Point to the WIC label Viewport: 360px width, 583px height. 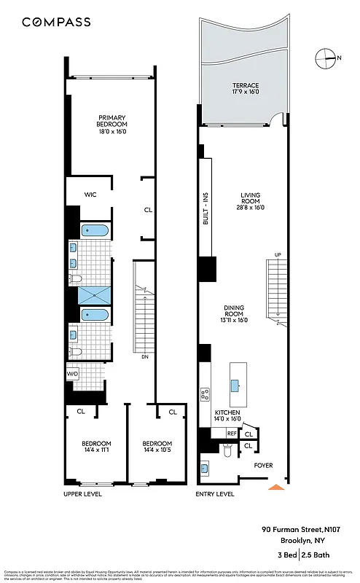click(x=90, y=195)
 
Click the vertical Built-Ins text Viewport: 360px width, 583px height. click(x=206, y=203)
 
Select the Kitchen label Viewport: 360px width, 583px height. click(x=228, y=416)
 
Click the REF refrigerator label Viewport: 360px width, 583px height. click(x=231, y=433)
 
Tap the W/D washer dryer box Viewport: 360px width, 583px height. click(x=72, y=374)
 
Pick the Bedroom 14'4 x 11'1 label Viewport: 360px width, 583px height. click(x=95, y=447)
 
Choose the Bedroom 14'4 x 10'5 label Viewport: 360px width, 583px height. click(x=157, y=447)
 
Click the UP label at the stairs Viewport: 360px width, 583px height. click(x=277, y=254)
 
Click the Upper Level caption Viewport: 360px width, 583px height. click(x=82, y=494)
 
